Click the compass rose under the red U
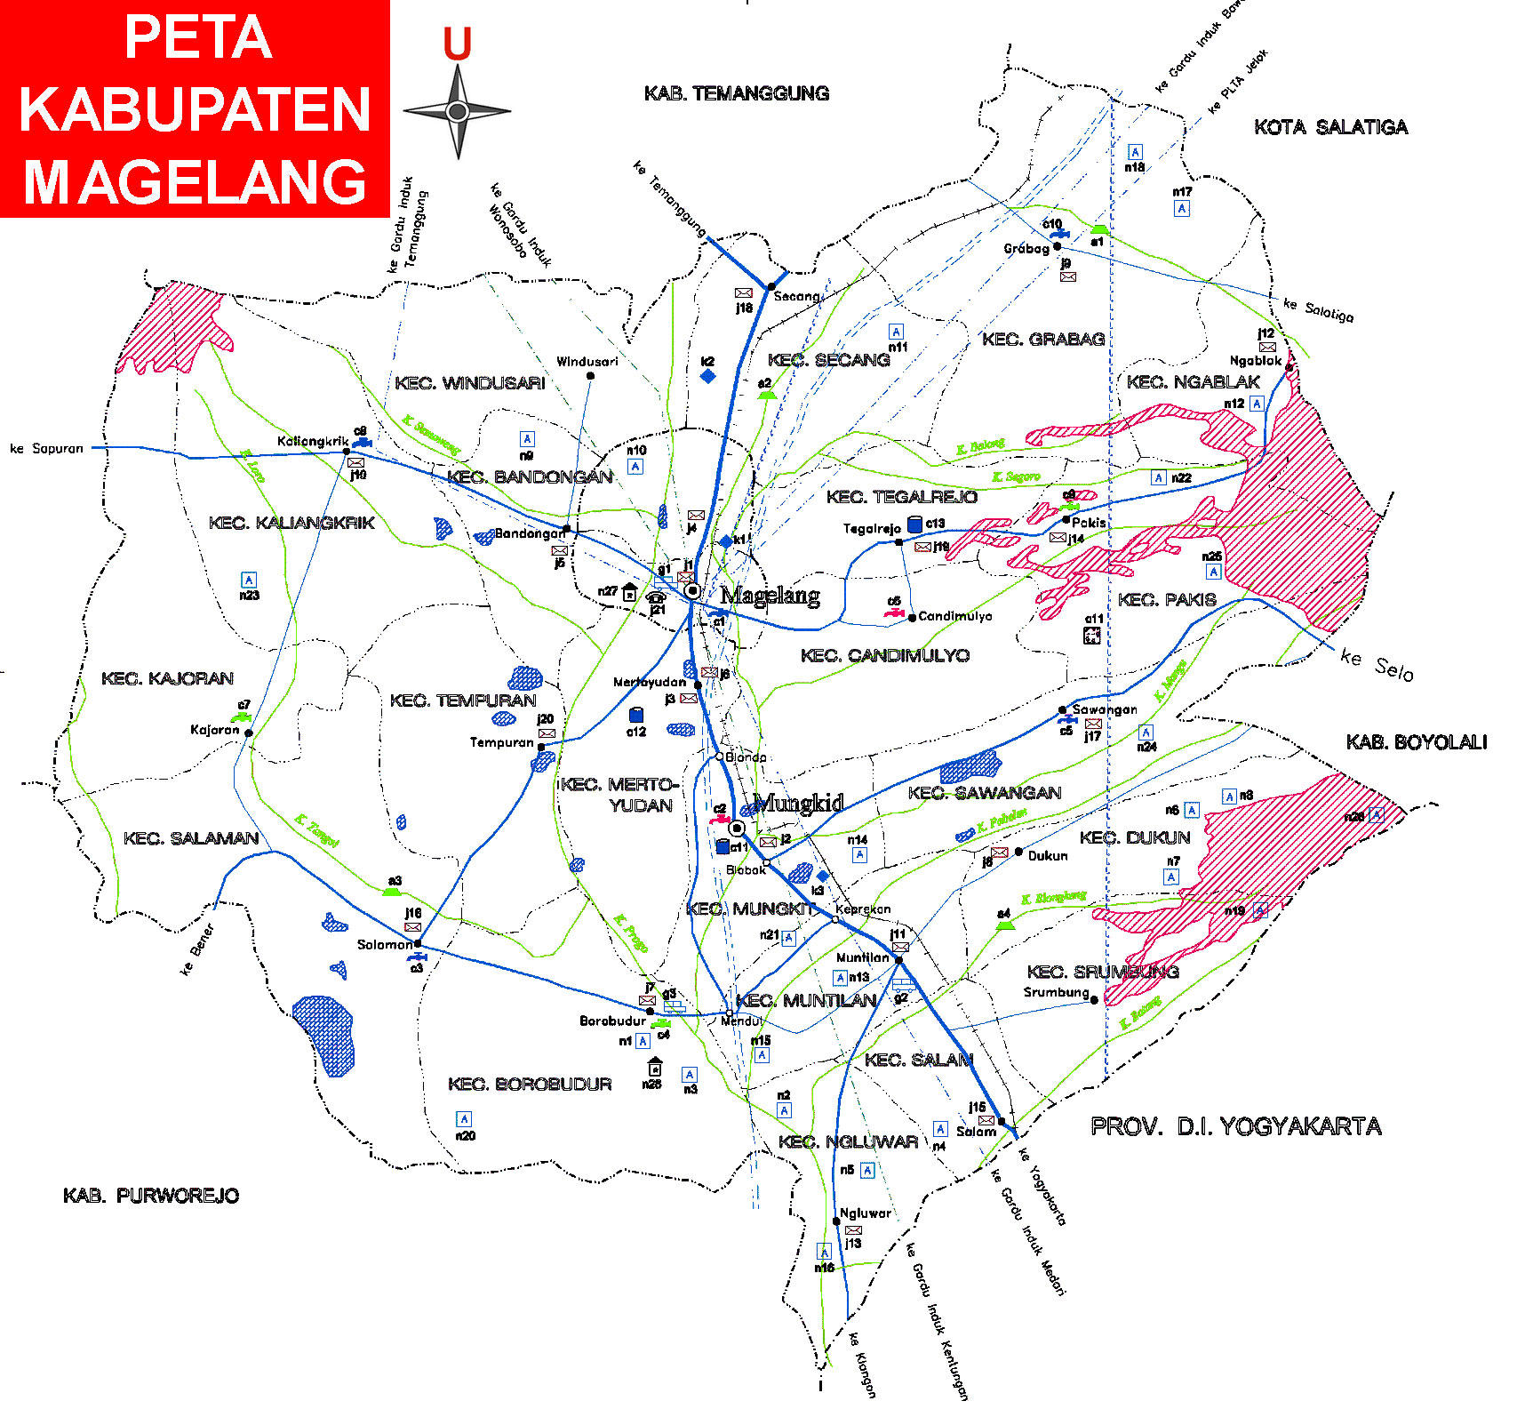457,112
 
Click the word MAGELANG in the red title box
195,181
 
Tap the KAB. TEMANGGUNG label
736,93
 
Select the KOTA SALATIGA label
1330,127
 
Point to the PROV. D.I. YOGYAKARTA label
1235,1126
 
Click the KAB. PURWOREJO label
151,1196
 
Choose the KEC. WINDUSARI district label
469,383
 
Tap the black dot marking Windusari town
590,376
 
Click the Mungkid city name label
798,803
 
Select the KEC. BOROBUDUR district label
530,1084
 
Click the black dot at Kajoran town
249,733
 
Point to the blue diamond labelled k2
708,376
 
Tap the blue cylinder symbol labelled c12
636,715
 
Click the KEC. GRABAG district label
1042,339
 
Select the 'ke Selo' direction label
1377,665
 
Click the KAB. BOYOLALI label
1416,742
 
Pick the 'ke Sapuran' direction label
46,449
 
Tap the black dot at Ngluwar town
836,1221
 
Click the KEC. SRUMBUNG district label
1102,972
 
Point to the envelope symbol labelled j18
743,292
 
